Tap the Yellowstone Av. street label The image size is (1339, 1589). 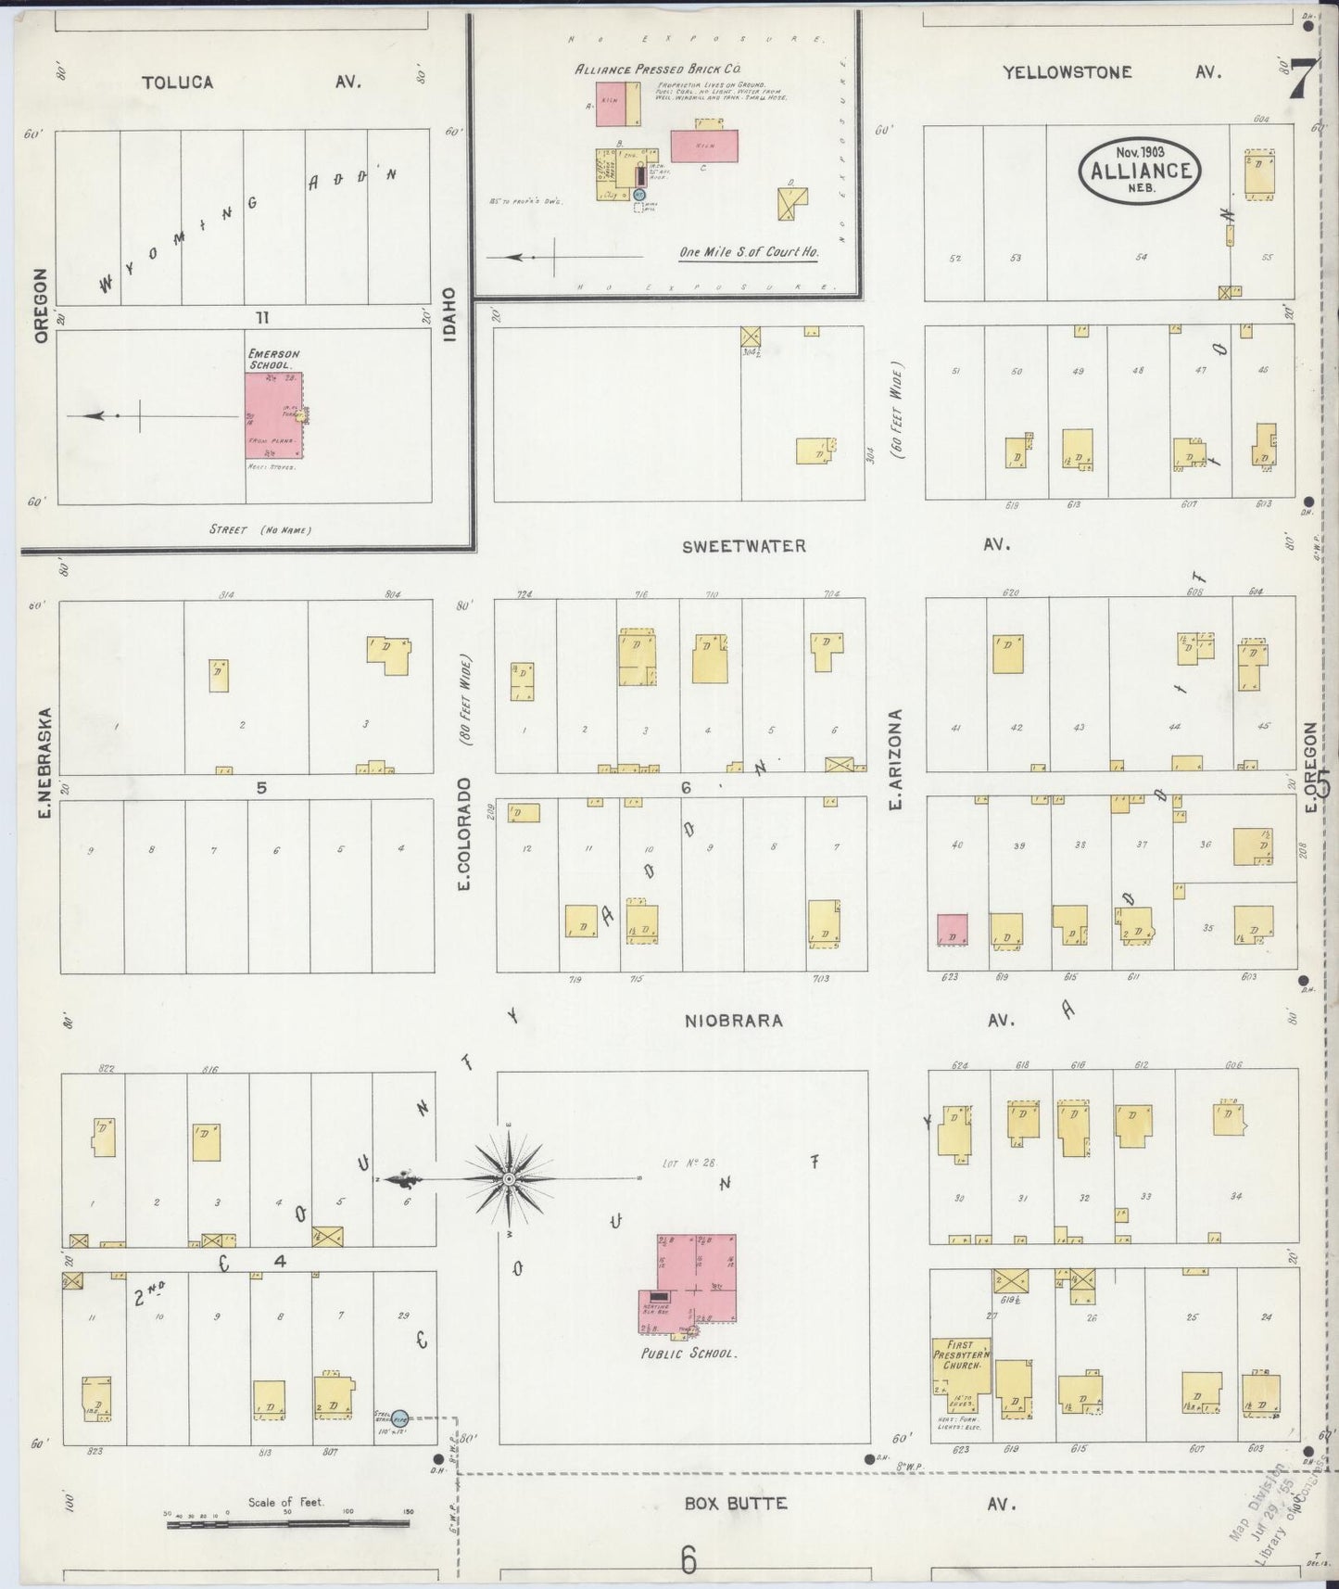[1112, 72]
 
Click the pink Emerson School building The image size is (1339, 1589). [273, 414]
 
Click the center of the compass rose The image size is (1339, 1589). [509, 1179]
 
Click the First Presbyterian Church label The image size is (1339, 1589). [960, 1354]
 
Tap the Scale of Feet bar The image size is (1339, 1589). [287, 1523]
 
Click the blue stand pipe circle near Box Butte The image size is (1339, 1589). [399, 1419]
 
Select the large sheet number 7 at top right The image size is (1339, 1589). [1301, 78]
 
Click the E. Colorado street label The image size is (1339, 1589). [463, 834]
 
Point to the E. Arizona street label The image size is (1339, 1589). [895, 760]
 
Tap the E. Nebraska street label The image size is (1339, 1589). [44, 742]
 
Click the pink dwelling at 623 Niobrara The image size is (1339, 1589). [952, 930]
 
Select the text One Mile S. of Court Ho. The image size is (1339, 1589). [748, 252]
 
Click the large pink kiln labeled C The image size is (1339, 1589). [704, 146]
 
